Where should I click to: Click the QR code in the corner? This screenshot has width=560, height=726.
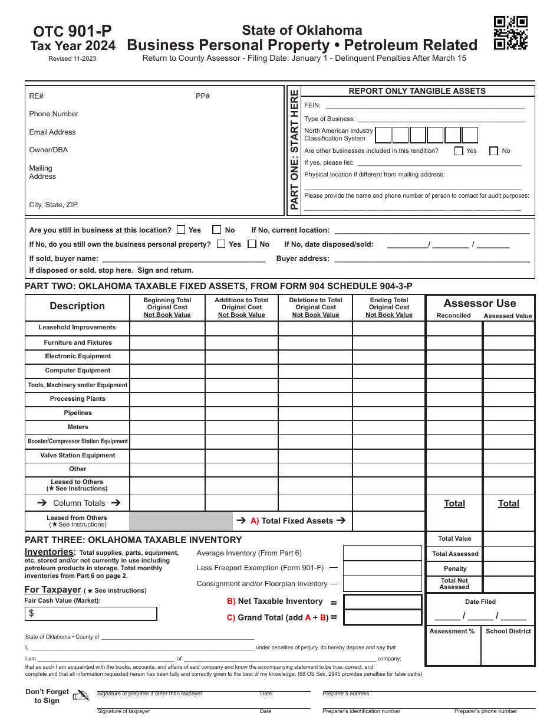coord(510,33)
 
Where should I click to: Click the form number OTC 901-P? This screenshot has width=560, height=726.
coord(73,31)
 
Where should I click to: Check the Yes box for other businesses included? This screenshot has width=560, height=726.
coord(459,151)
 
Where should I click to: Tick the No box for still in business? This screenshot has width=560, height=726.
coord(217,230)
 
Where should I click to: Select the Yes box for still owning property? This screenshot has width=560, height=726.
coord(221,244)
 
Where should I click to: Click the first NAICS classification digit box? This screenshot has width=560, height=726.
coord(383,135)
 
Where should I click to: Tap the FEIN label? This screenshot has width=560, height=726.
coord(312,105)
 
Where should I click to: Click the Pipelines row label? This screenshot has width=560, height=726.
coord(78,413)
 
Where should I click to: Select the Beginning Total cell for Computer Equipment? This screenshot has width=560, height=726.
coord(167,371)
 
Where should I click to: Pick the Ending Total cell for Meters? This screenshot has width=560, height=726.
coord(389,427)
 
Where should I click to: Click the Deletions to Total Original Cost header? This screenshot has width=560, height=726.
coord(315,308)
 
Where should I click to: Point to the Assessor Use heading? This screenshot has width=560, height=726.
coord(479,303)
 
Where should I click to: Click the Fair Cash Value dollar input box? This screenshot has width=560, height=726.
coord(91,614)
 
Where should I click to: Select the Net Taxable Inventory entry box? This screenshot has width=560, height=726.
coord(383,602)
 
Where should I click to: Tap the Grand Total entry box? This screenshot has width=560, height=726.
coord(383,617)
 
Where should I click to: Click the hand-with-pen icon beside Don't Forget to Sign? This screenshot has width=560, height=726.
coord(81,696)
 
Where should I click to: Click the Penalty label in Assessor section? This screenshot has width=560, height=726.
coord(455,568)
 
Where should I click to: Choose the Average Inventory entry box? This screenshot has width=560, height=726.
coord(383,553)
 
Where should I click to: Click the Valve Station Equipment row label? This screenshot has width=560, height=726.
coord(78,456)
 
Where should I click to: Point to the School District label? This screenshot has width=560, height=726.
coord(508,632)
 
